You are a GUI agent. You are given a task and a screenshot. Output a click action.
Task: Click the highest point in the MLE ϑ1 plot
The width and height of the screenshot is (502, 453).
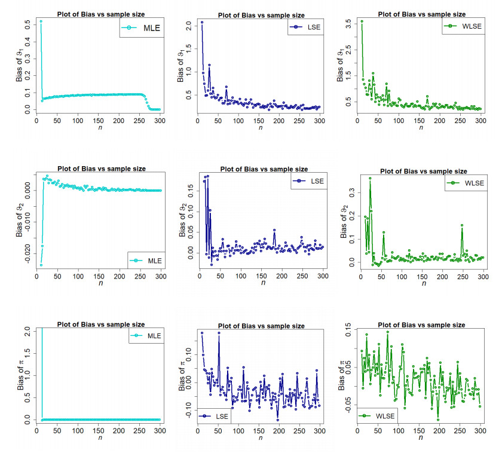(41, 22)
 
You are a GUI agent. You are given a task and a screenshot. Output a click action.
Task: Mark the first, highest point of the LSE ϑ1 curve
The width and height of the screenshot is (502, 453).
(202, 22)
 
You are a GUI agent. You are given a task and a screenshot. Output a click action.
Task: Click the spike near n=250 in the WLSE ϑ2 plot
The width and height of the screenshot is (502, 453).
(462, 225)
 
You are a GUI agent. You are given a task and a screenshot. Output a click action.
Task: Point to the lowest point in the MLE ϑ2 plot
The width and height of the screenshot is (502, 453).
(41, 265)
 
